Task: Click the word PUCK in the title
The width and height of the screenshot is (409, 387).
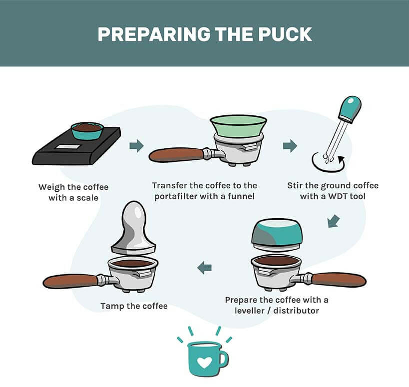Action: [285, 34]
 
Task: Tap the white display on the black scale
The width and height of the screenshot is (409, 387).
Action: [67, 147]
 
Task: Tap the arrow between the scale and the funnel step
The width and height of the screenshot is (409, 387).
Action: [136, 145]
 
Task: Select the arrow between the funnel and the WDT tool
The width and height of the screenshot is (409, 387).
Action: [290, 145]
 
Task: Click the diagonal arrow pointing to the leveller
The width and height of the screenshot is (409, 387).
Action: [334, 221]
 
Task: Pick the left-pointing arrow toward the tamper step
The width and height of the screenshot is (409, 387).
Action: [204, 268]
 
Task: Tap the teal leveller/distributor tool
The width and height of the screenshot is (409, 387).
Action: [277, 233]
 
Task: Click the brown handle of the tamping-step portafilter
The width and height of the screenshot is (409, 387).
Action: [70, 281]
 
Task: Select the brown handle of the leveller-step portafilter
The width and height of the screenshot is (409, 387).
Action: [339, 280]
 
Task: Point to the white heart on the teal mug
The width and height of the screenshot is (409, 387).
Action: [204, 362]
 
